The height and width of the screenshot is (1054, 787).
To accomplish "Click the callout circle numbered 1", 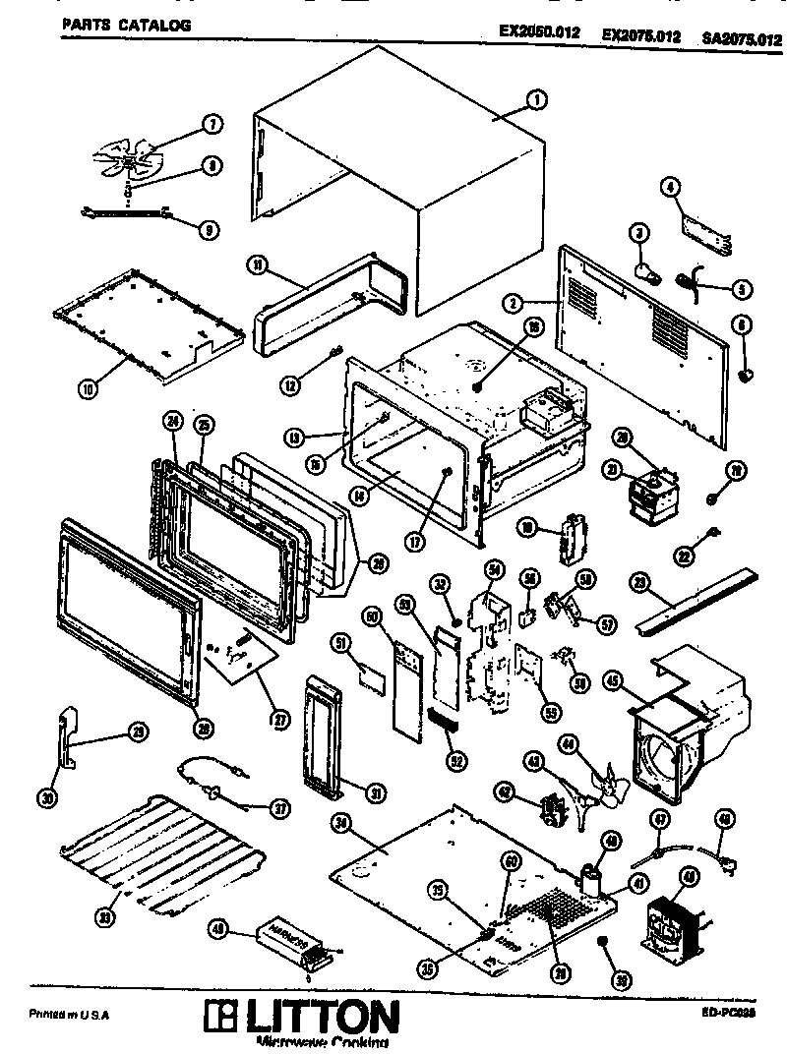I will (536, 98).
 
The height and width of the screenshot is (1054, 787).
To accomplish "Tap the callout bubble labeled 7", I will (211, 125).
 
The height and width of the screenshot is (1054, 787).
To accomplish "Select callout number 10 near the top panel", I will (89, 388).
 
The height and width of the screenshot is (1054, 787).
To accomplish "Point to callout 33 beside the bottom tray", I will (101, 917).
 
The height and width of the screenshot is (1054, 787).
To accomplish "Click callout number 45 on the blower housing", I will (611, 679).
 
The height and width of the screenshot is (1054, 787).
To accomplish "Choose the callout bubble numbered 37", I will (280, 808).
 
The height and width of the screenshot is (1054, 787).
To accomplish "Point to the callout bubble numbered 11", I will (255, 264).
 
